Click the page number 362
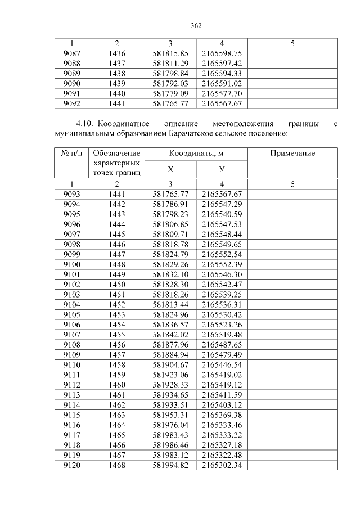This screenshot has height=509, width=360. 196,25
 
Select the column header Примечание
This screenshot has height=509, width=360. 292,154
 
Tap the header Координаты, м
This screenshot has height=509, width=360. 196,154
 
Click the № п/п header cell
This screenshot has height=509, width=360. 71,154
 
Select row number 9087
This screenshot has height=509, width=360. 71,53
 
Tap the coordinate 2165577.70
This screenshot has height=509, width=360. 222,93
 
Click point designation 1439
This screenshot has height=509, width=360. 116,83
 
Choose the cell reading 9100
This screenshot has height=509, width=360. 71,264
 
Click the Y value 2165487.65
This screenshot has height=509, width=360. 222,345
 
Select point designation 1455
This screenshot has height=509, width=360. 116,335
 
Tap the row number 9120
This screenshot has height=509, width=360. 71,465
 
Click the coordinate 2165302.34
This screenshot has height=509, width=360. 222,465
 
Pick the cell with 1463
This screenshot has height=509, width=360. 116,415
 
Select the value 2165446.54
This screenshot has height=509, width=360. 222,364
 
